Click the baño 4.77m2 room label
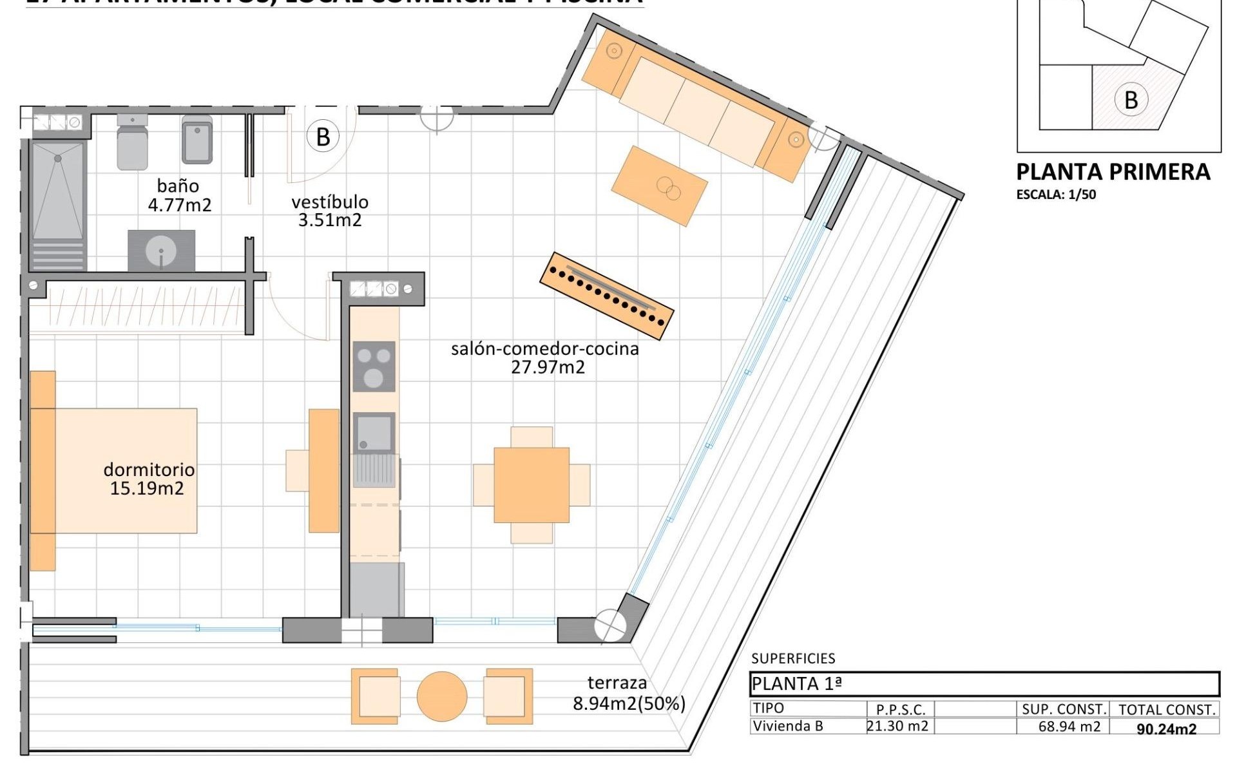tap(178, 195)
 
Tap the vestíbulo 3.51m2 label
tap(330, 211)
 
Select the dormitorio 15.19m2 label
tap(148, 478)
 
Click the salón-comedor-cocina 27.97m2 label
tap(545, 358)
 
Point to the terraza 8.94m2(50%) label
tap(628, 693)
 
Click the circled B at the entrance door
tap(323, 137)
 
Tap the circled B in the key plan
tap(1131, 100)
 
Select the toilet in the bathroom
tap(133, 143)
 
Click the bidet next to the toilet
tap(197, 140)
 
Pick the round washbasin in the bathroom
tap(161, 251)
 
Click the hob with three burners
tap(374, 367)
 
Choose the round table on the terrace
tap(441, 696)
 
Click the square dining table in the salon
tap(532, 485)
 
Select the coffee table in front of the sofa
tap(659, 186)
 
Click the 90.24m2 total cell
tap(1166, 729)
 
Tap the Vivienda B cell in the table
tap(788, 726)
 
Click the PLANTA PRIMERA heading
tap(1113, 172)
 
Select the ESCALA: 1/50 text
tap(1056, 194)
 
